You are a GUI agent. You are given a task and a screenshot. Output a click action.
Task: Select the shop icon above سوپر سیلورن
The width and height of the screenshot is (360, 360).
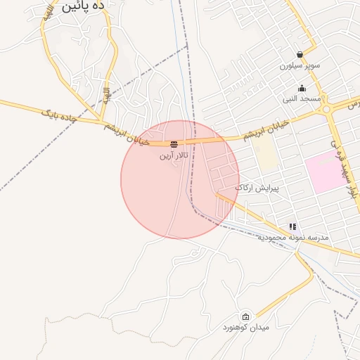click(300, 54)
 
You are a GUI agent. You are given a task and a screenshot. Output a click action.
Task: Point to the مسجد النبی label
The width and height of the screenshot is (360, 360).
click(302, 99)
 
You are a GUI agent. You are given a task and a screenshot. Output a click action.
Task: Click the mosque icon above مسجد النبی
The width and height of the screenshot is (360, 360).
click(302, 89)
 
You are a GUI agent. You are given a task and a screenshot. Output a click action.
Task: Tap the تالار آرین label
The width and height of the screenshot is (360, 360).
click(174, 154)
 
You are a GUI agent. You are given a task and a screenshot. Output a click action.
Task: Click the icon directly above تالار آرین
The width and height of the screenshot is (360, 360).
click(174, 144)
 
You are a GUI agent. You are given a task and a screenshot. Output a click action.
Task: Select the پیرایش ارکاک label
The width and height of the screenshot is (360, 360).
click(257, 188)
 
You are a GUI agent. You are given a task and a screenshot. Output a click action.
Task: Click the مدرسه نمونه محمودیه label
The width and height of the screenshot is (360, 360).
click(293, 238)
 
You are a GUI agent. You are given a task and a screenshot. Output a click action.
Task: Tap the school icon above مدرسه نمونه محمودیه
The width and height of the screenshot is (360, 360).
click(292, 226)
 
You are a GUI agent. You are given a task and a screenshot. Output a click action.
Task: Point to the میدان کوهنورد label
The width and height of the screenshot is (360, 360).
click(245, 328)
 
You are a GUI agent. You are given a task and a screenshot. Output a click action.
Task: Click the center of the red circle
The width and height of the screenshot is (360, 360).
click(180, 179)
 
